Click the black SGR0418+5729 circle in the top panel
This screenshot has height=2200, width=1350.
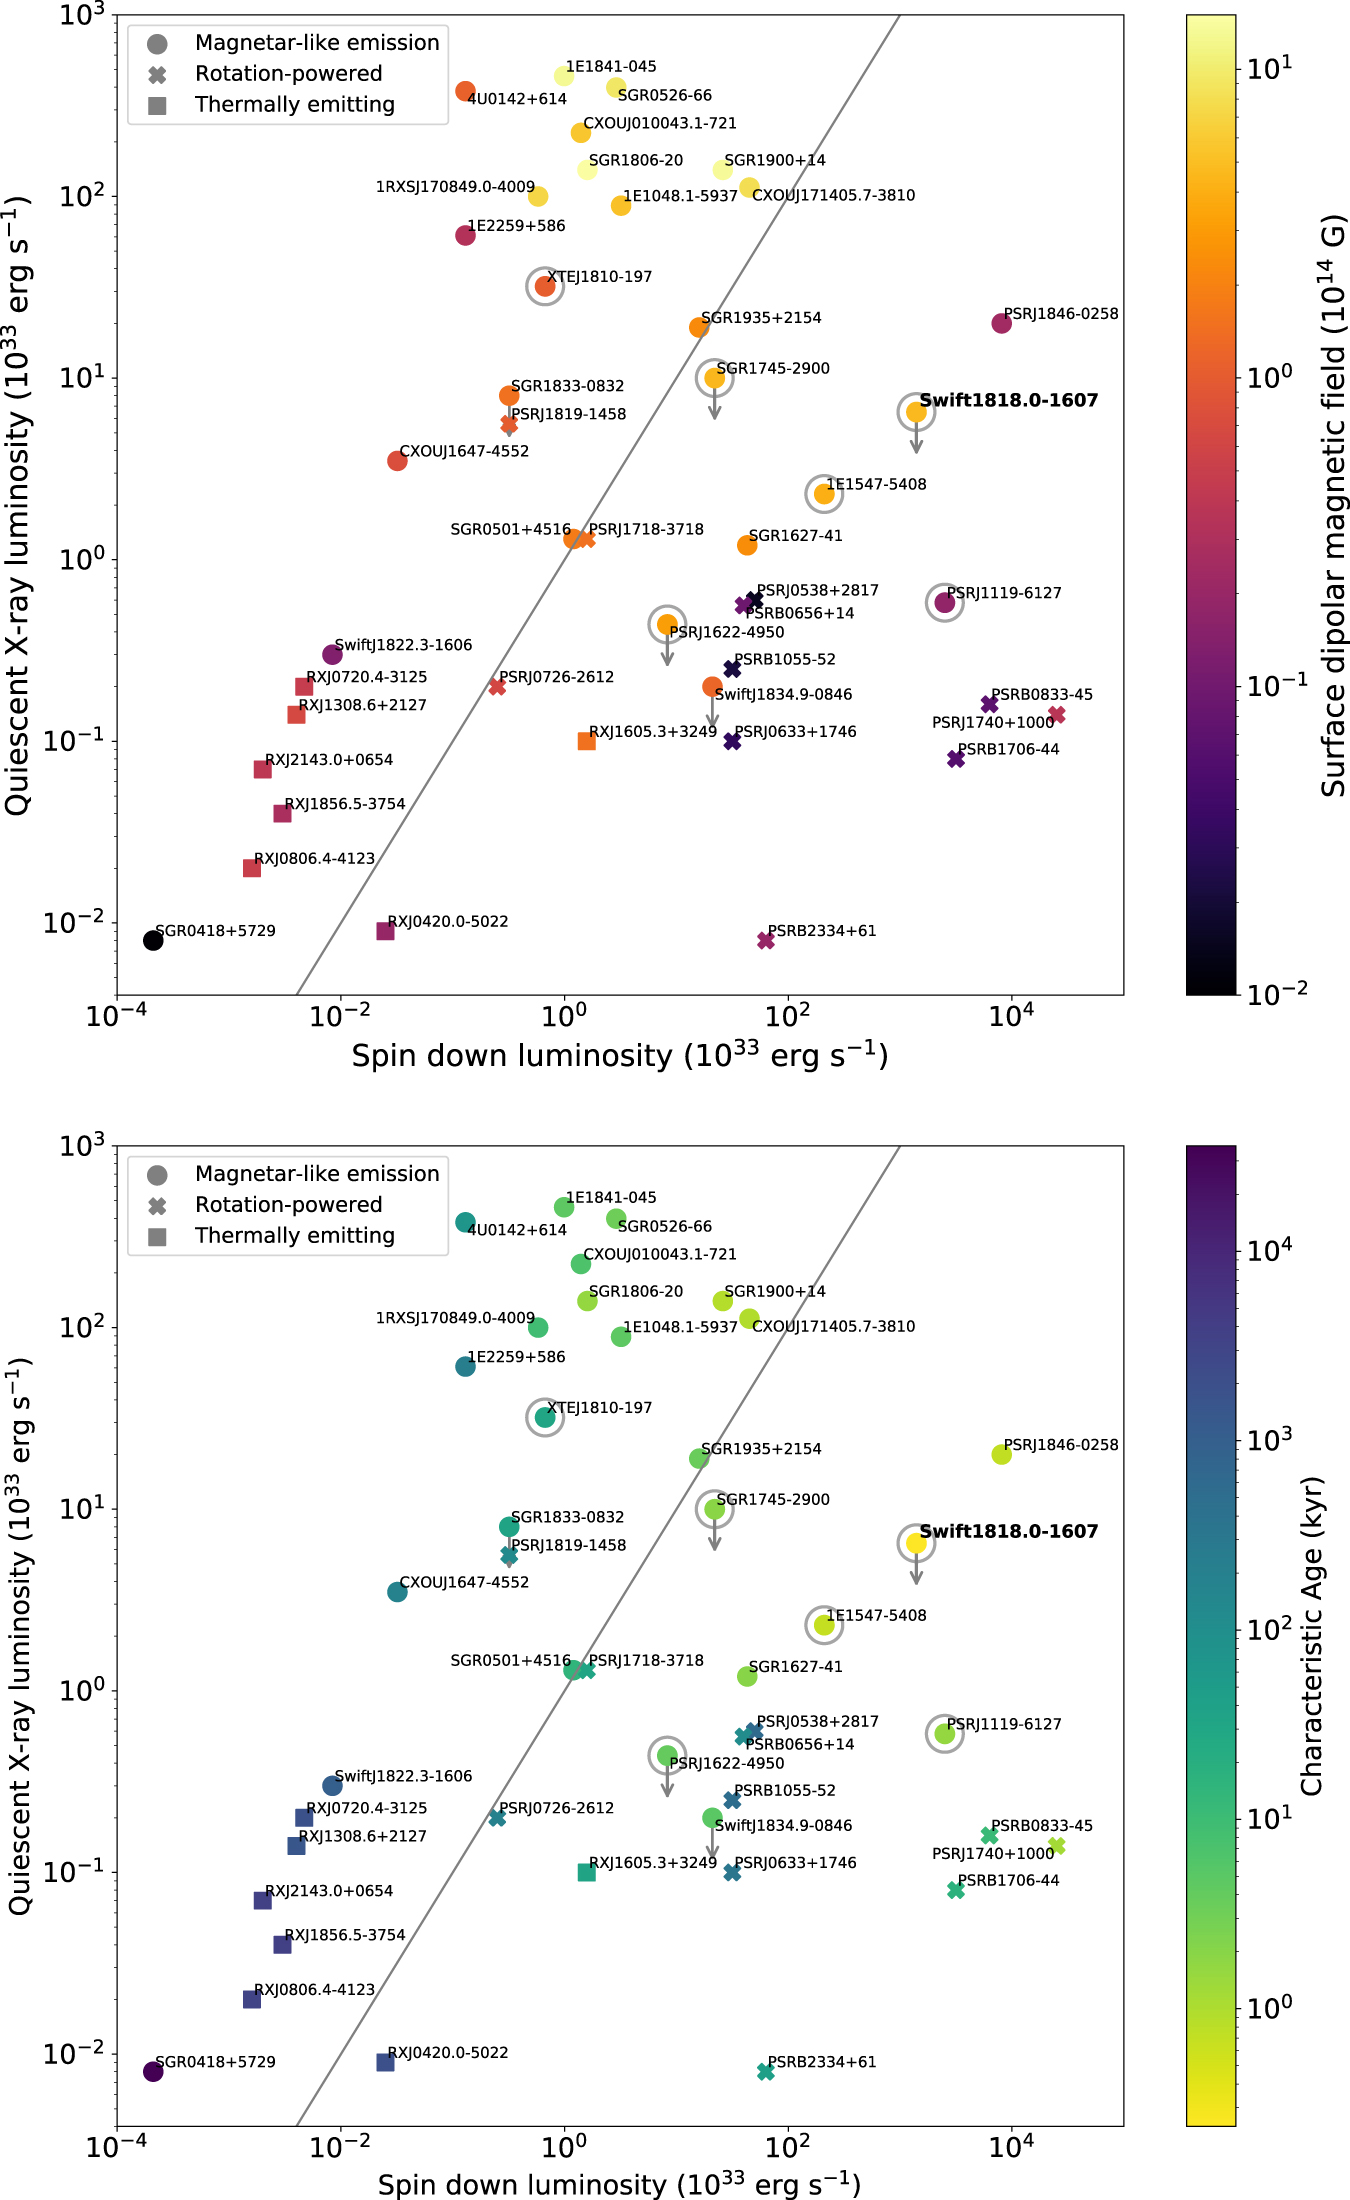click(x=153, y=940)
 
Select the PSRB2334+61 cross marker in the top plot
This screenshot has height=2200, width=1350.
click(x=766, y=940)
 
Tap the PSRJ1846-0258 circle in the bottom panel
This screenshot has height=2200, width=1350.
click(x=1002, y=1454)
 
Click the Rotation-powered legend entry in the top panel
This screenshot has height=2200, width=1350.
click(x=288, y=74)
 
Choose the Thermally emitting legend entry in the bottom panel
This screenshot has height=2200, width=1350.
click(x=294, y=1236)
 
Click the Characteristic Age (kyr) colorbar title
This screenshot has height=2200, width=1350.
click(x=1312, y=1635)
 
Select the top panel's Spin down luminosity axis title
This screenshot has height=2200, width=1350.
click(x=620, y=1056)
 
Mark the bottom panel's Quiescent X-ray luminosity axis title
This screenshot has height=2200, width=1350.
click(x=20, y=1635)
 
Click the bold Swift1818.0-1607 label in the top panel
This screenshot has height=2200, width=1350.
click(x=1008, y=400)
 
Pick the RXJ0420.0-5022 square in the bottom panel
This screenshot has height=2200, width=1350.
click(x=385, y=2062)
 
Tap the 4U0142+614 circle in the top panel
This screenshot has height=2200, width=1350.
click(x=465, y=91)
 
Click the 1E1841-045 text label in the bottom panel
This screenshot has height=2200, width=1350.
click(x=611, y=1197)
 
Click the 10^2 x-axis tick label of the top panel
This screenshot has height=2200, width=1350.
click(x=788, y=1017)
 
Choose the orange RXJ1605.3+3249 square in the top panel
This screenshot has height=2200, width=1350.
click(x=587, y=741)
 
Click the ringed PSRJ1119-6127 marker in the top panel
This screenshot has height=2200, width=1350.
click(x=945, y=602)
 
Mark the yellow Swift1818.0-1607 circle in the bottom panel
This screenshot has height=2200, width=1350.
click(x=916, y=1543)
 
